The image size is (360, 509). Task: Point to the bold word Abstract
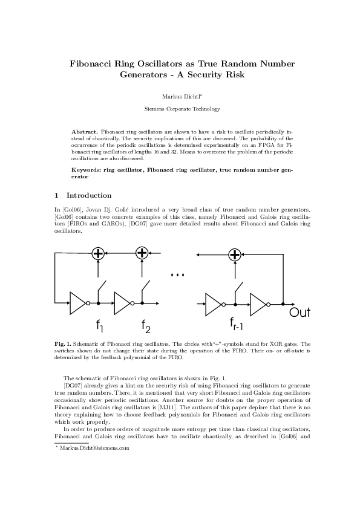[85, 131]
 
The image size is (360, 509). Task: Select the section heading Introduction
[89, 196]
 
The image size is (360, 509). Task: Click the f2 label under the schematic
[146, 326]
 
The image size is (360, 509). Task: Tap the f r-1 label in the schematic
[236, 323]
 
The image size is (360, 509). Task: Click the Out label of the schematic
[299, 312]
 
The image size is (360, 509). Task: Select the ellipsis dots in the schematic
[177, 275]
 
